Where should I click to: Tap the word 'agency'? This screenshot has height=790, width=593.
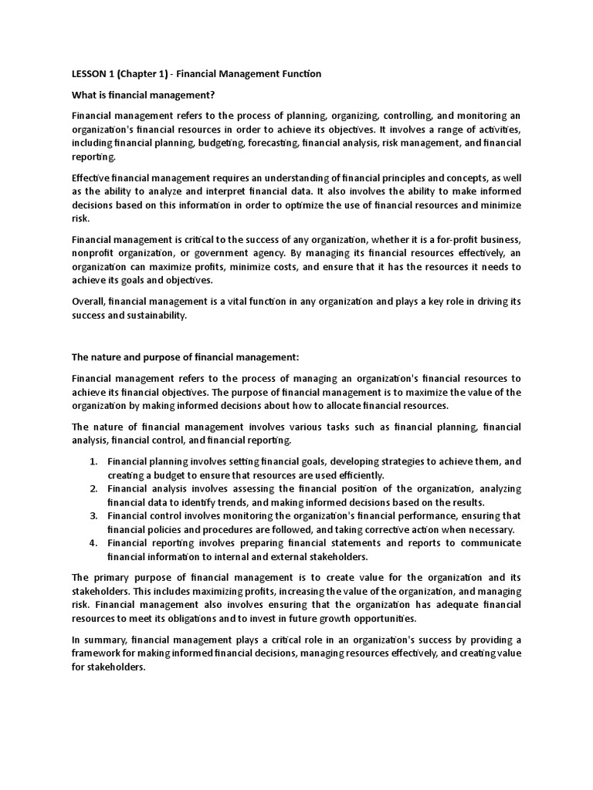pyautogui.click(x=266, y=252)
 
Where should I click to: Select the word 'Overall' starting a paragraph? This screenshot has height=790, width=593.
pyautogui.click(x=89, y=302)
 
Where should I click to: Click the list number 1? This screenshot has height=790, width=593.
pyautogui.click(x=93, y=461)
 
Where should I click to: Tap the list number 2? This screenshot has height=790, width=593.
pyautogui.click(x=93, y=489)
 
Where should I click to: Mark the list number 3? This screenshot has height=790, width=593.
pyautogui.click(x=93, y=515)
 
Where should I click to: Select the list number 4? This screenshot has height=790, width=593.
pyautogui.click(x=93, y=543)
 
